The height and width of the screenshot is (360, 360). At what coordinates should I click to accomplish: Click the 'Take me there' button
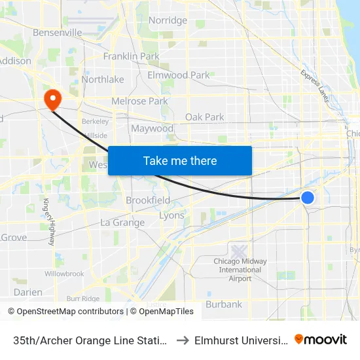(x=180, y=160)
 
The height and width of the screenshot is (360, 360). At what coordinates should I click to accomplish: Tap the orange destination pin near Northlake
(x=52, y=99)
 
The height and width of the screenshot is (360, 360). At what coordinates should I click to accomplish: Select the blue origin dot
(x=307, y=197)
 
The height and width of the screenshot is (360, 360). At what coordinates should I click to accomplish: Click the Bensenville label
(x=58, y=32)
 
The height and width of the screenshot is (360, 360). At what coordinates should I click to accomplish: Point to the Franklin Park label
(x=131, y=56)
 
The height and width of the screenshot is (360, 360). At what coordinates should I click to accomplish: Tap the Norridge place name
(x=168, y=20)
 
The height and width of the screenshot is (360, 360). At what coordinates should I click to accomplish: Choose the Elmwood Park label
(x=179, y=75)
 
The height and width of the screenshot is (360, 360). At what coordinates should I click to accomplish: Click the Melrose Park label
(x=139, y=101)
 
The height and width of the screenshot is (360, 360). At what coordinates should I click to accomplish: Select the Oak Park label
(x=204, y=117)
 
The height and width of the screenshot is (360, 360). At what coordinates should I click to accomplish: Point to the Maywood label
(x=152, y=128)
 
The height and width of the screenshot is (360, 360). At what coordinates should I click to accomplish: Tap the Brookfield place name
(x=148, y=200)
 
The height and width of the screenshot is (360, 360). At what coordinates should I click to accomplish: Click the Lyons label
(x=171, y=215)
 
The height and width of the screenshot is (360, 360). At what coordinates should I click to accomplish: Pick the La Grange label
(x=122, y=223)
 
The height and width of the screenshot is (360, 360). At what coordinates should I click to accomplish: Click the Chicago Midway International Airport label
(x=240, y=270)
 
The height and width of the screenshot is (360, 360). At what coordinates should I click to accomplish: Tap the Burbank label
(x=224, y=304)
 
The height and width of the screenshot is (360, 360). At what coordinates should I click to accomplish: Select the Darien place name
(x=28, y=293)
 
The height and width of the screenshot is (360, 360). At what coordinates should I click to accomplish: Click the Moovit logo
(x=321, y=340)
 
